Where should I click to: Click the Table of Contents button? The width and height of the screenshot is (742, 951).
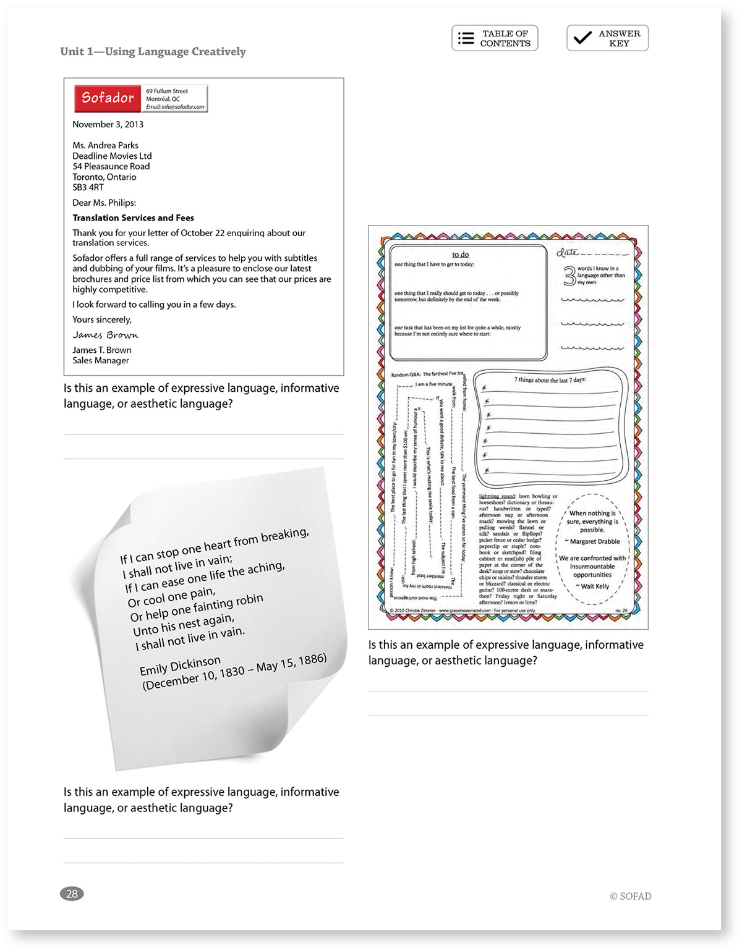pyautogui.click(x=495, y=38)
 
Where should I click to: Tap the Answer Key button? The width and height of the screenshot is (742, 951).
pyautogui.click(x=607, y=38)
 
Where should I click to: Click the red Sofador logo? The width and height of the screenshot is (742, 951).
pyautogui.click(x=108, y=98)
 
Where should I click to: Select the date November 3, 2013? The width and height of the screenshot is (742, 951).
pyautogui.click(x=108, y=124)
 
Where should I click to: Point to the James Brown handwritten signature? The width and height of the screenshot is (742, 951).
pyautogui.click(x=105, y=335)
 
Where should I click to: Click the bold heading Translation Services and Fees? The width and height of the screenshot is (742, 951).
pyautogui.click(x=133, y=218)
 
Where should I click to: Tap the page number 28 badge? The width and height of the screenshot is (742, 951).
pyautogui.click(x=72, y=894)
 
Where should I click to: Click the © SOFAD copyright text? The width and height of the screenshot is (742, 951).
pyautogui.click(x=630, y=896)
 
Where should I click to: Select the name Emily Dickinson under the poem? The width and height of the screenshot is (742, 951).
pyautogui.click(x=180, y=666)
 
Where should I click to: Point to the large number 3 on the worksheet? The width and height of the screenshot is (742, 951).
pyautogui.click(x=569, y=276)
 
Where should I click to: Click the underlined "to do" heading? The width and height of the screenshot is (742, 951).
pyautogui.click(x=460, y=254)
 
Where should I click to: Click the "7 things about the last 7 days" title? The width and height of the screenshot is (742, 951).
pyautogui.click(x=550, y=379)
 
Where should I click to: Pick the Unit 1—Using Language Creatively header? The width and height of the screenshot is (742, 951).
pyautogui.click(x=153, y=51)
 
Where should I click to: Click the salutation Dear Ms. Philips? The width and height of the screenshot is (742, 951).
pyautogui.click(x=104, y=203)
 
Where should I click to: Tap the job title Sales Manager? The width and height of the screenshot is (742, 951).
pyautogui.click(x=101, y=360)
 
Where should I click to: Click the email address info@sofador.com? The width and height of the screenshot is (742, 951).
pyautogui.click(x=175, y=107)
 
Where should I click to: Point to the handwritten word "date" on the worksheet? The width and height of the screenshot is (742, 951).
pyautogui.click(x=567, y=252)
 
